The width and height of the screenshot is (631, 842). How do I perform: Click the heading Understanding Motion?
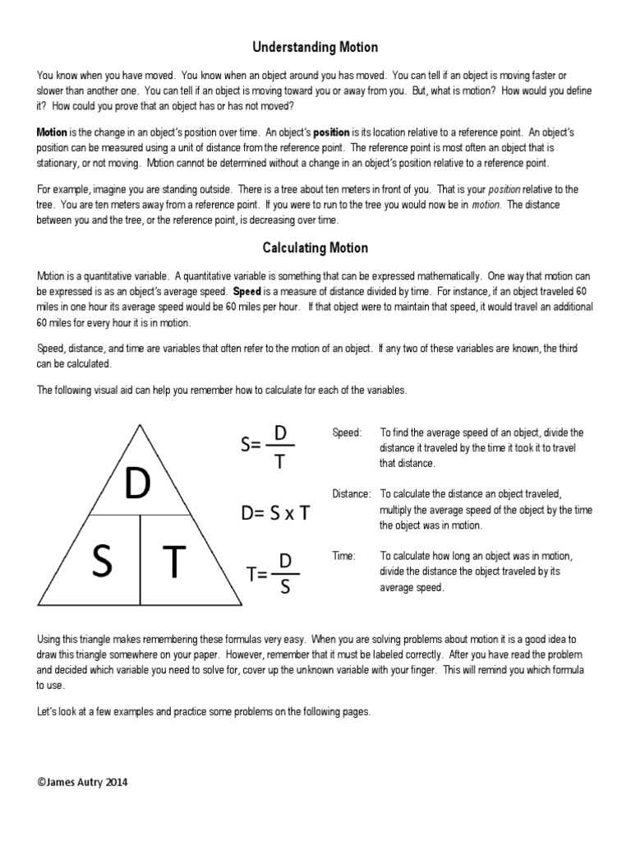coord(315,49)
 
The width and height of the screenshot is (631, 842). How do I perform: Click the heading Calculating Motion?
coord(315,248)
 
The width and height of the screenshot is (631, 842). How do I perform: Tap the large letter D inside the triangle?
coord(137,485)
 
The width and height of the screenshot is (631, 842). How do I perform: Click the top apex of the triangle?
coord(140,424)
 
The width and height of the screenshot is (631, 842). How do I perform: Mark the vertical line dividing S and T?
coord(140,559)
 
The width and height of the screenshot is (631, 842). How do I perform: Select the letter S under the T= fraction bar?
coord(285,588)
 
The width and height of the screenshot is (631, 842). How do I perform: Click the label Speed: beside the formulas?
coord(347,433)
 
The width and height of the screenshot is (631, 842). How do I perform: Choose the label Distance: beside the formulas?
coord(352,493)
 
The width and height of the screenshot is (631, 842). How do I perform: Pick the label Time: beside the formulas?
coord(343,557)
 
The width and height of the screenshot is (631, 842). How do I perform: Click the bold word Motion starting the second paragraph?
coord(52,132)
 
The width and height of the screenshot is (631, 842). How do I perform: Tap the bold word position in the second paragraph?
coord(329,132)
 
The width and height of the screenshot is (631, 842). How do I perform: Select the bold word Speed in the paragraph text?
coord(247,291)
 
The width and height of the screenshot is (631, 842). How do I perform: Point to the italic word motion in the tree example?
coord(486,204)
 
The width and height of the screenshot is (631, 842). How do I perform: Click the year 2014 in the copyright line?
coord(115,783)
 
